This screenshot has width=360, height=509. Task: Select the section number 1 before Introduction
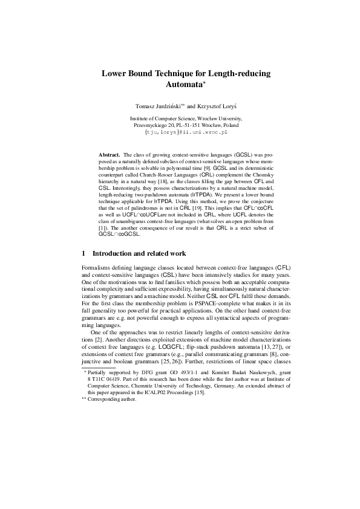(83, 252)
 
